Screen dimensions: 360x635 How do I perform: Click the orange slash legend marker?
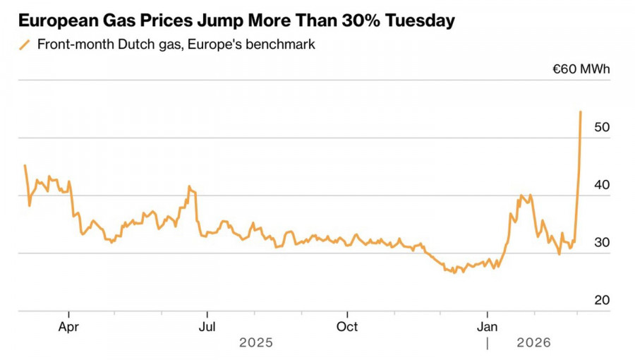25,44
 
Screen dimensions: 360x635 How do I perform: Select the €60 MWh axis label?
581,69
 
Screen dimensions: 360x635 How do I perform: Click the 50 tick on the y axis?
601,128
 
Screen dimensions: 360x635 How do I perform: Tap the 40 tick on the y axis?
601,185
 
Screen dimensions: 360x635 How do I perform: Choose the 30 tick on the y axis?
601,243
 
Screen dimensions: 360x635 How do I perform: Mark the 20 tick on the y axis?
601,300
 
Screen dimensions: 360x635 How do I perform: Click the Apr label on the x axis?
68,327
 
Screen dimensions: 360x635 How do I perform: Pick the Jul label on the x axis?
207,327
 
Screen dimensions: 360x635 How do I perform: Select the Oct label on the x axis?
347,327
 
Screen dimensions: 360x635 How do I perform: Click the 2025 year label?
255,343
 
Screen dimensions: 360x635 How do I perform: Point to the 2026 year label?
534,343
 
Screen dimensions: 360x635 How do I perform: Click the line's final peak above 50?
581,112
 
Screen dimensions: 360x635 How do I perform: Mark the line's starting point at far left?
25,165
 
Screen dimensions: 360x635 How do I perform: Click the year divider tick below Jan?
487,343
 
